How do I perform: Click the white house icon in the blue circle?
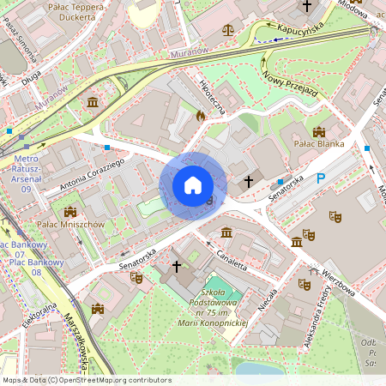click(x=193, y=184)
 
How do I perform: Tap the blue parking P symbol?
click(x=322, y=178)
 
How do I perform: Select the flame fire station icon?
click(x=201, y=114)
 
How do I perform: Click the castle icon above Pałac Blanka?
click(x=319, y=131)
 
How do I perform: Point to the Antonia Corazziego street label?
click(x=81, y=175)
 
